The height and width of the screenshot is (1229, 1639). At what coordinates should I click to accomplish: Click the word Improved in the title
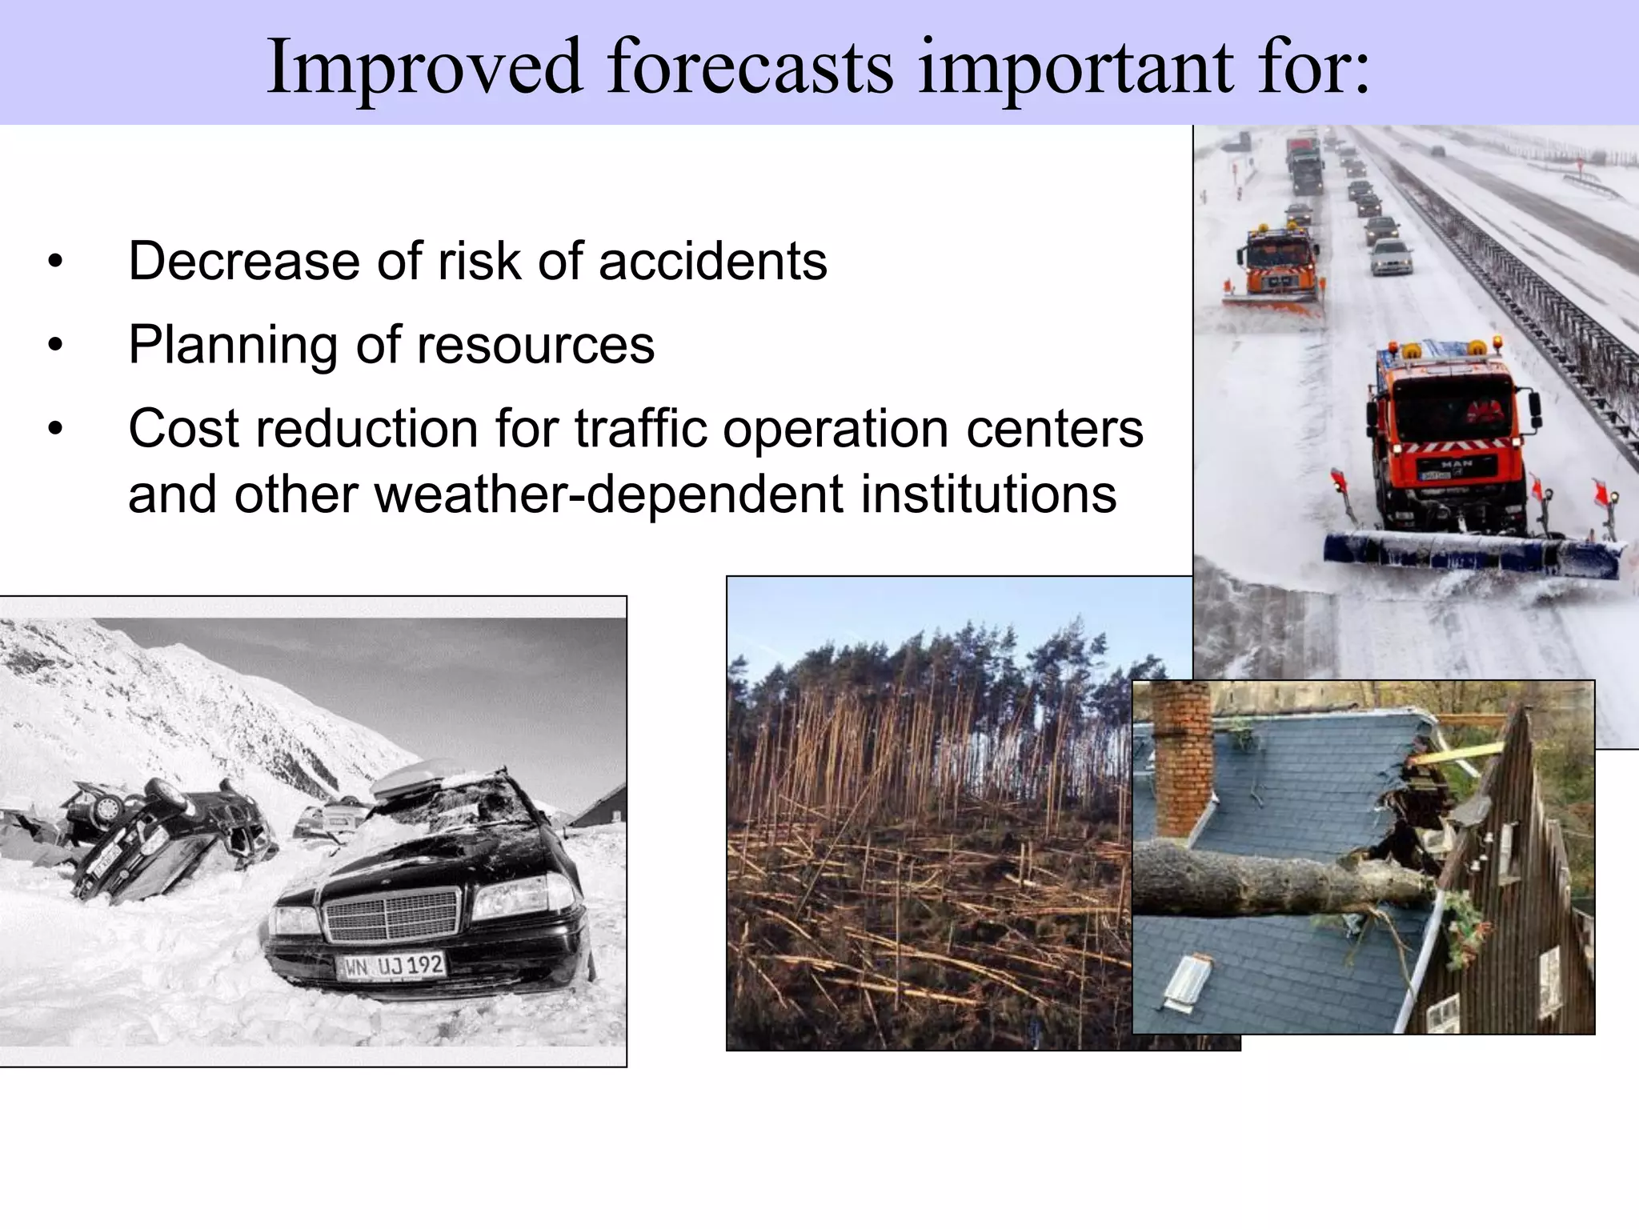pyautogui.click(x=424, y=67)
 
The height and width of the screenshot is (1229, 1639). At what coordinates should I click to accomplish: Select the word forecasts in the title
pyautogui.click(x=750, y=67)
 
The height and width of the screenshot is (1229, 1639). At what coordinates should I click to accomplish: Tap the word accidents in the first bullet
pyautogui.click(x=712, y=262)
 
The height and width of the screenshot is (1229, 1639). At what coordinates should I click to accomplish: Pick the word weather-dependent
pyautogui.click(x=608, y=494)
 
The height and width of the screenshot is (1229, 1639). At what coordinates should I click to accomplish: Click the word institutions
pyautogui.click(x=988, y=494)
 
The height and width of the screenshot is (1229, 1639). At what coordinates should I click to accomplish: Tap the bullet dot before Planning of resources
pyautogui.click(x=54, y=346)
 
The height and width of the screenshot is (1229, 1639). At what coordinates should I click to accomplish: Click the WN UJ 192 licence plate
pyautogui.click(x=392, y=966)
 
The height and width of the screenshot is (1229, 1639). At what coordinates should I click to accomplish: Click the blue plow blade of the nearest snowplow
pyautogui.click(x=1473, y=552)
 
